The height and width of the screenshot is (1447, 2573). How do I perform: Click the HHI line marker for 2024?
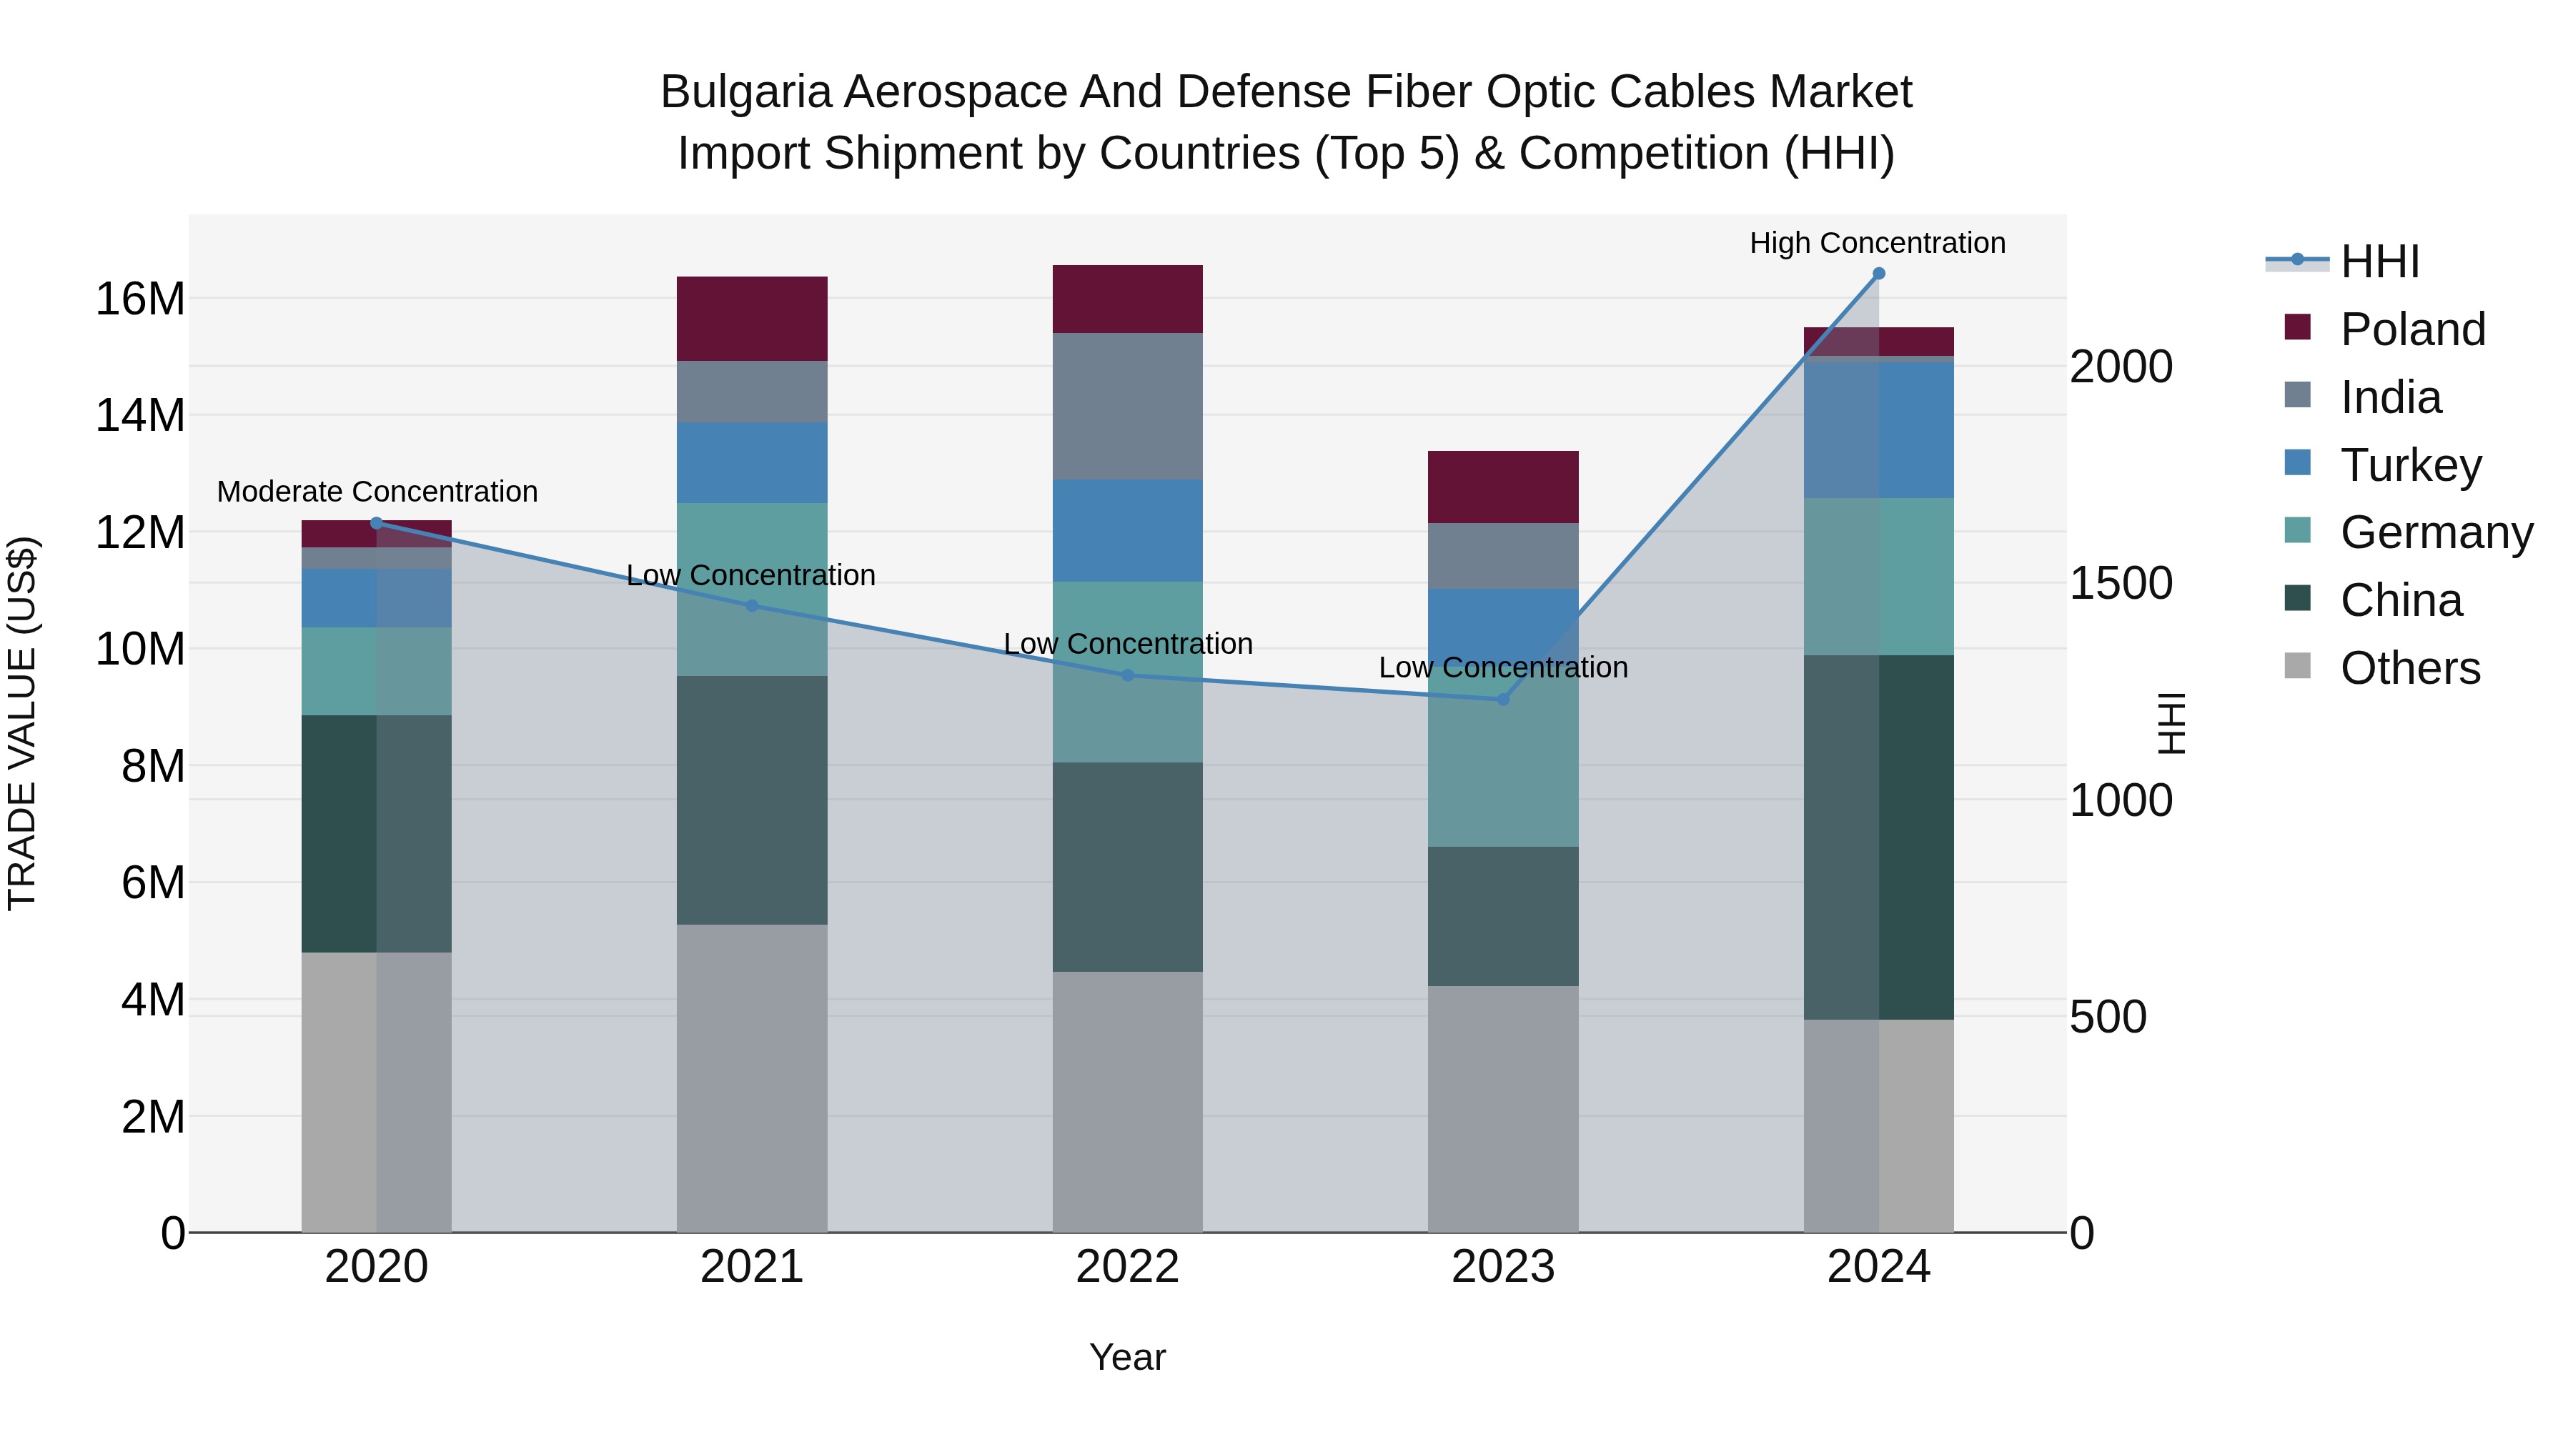pos(1878,274)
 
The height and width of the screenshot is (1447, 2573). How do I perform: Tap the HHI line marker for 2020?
pos(377,523)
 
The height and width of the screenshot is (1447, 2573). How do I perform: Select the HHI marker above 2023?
pos(1502,699)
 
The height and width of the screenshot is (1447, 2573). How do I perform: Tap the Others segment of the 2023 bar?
pos(1502,1108)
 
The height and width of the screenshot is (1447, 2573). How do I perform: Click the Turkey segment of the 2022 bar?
pos(1128,530)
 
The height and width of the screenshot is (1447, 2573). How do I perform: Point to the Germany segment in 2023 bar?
pos(1502,769)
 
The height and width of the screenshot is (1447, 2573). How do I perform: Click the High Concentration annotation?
pos(1877,243)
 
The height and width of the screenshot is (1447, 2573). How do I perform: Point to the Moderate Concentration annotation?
pos(377,492)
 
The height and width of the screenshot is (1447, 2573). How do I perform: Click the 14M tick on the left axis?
pos(140,415)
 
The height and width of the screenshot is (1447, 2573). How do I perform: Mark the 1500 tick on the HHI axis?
pos(2120,583)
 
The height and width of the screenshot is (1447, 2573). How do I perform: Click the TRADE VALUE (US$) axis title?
pos(22,723)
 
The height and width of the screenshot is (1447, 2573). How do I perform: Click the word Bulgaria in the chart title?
pos(745,92)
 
